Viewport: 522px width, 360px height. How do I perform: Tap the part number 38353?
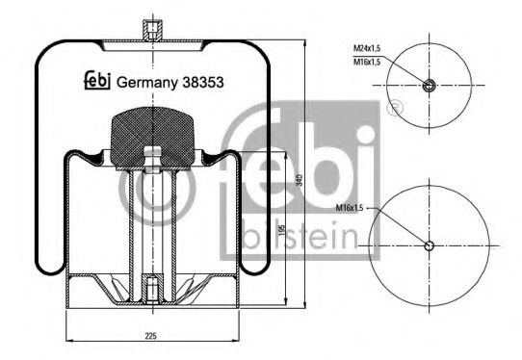pyautogui.click(x=204, y=84)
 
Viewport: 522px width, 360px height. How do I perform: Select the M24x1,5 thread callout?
pyautogui.click(x=367, y=47)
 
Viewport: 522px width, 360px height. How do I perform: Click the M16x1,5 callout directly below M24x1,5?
pyautogui.click(x=367, y=61)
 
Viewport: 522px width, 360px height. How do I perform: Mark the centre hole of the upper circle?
pyautogui.click(x=430, y=86)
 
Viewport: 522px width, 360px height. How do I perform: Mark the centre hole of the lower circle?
pyautogui.click(x=430, y=245)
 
